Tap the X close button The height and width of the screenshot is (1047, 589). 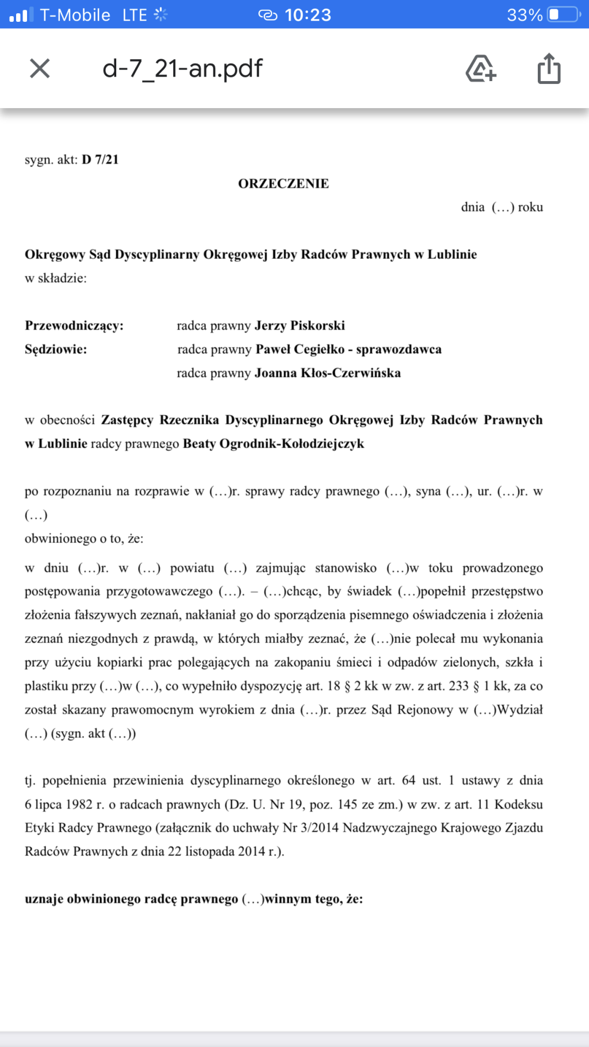[x=40, y=68]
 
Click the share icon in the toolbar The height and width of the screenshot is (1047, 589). [x=549, y=68]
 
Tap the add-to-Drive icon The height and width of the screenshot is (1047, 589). [x=480, y=68]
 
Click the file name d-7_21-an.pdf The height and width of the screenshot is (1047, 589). [x=182, y=68]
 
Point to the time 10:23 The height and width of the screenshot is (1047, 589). [x=308, y=14]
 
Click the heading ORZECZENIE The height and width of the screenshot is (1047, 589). [x=284, y=184]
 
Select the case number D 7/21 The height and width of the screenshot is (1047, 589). [x=100, y=159]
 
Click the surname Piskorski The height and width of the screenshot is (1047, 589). [x=318, y=326]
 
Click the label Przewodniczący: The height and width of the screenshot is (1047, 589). [x=74, y=326]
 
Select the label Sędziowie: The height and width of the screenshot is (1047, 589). [x=56, y=349]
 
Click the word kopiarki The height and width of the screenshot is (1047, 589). [x=119, y=662]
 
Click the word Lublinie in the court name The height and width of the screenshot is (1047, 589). [x=452, y=254]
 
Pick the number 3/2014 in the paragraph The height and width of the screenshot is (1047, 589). [x=319, y=827]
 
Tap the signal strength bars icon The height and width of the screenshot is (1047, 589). [x=18, y=14]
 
